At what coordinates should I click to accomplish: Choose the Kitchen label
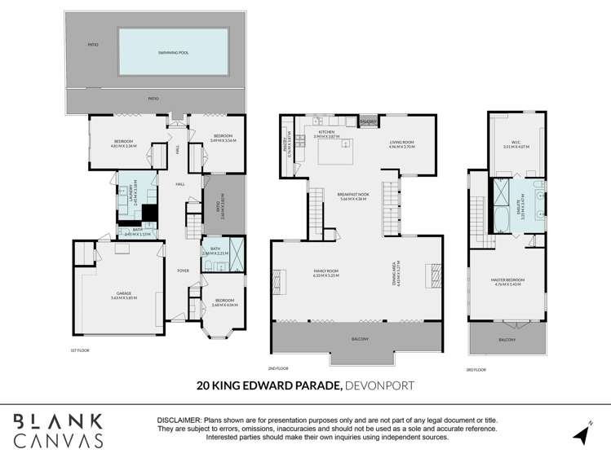click(x=325, y=134)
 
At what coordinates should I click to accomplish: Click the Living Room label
click(x=401, y=144)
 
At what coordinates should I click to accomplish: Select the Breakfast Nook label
click(x=353, y=196)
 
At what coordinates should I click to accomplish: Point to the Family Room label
click(x=325, y=273)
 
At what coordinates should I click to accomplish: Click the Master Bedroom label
click(x=507, y=282)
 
